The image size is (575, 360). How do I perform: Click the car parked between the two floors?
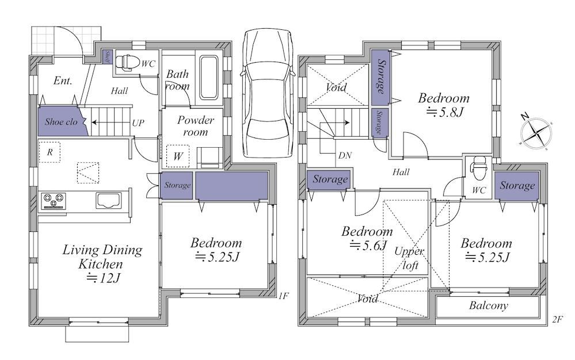pos(267,93)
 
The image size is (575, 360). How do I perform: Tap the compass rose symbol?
pos(535,133)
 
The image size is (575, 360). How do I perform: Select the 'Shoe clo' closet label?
pos(61,121)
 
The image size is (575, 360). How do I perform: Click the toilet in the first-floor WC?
pos(125,62)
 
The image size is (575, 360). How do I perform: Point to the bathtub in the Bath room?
pos(209,78)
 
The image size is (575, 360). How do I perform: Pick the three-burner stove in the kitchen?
pos(54,201)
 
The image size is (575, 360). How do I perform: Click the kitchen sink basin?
pos(109,200)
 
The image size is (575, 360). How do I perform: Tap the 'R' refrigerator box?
pos(49,152)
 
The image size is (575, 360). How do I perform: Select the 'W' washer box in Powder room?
pos(178,156)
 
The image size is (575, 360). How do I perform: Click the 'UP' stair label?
pos(138,123)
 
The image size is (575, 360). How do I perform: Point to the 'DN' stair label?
pos(345,156)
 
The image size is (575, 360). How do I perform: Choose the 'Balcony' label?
pos(489,305)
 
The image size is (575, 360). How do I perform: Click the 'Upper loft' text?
pos(409,258)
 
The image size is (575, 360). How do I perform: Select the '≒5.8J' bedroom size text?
pos(445,112)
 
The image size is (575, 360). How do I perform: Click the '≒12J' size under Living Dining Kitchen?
pos(104,278)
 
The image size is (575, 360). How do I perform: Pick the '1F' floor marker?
pos(283,296)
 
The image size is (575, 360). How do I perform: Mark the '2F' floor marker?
pos(557,319)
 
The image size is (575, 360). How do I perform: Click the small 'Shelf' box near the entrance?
pos(107,57)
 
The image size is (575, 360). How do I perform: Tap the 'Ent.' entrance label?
pos(63,81)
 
